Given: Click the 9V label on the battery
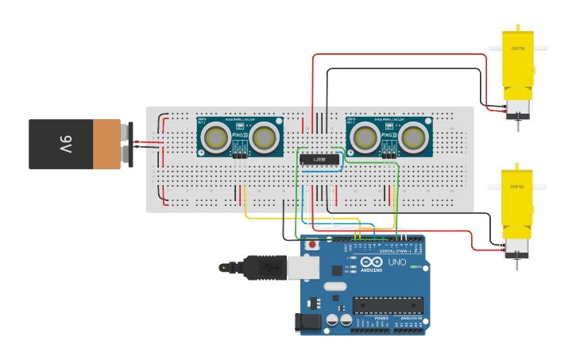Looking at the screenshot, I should pos(65,145).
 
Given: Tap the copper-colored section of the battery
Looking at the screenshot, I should pos(106,145).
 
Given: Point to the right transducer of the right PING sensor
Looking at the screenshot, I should pos(413,138).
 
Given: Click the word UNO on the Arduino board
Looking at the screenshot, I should pos(396,263).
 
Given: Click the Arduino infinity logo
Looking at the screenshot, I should pos(372,262).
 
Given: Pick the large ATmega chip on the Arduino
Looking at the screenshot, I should pos(388,304).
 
